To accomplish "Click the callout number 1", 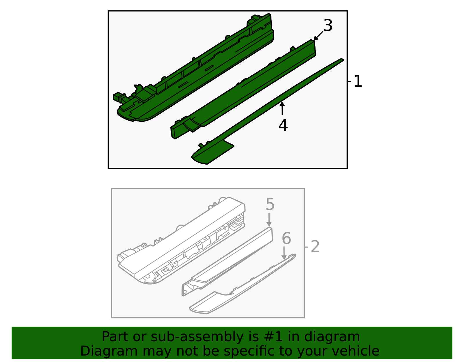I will tap(358, 81).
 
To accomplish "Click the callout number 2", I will tap(315, 247).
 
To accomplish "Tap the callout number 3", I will tap(328, 26).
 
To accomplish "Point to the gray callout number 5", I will tap(270, 205).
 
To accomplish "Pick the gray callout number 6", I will tap(286, 239).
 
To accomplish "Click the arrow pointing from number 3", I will tap(318, 36).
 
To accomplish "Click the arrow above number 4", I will tap(282, 108).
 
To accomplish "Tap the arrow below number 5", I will tap(269, 220).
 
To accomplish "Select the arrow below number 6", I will tap(284, 253).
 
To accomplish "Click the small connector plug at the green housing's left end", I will tap(117, 97).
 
